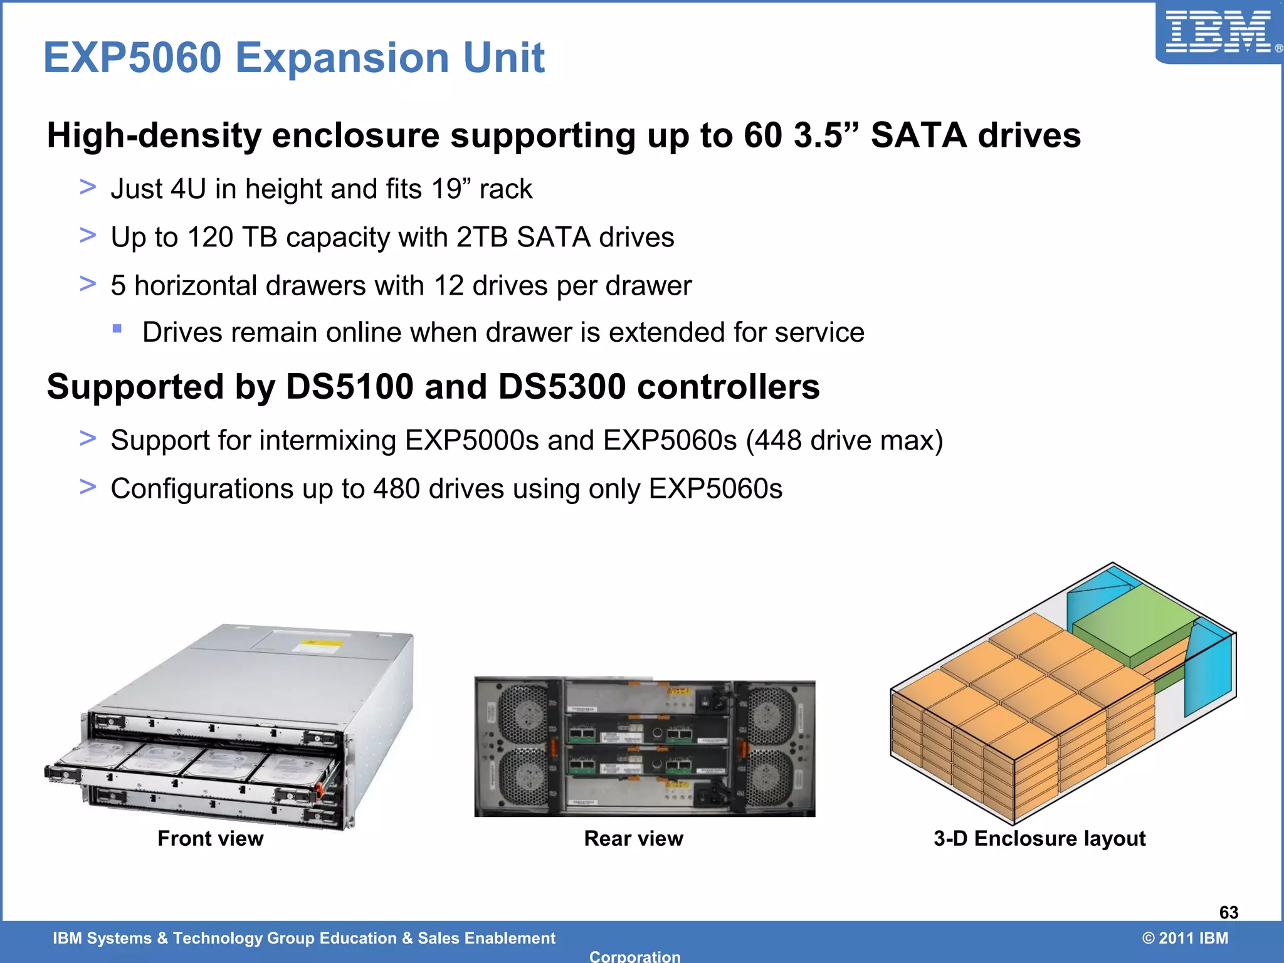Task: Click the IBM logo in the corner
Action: (1218, 33)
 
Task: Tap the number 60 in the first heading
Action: (763, 135)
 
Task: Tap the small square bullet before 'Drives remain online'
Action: (117, 329)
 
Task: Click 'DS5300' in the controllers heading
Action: (562, 386)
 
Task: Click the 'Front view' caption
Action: (210, 838)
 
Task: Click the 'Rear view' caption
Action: (633, 838)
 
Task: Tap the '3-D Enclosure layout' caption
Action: (1039, 838)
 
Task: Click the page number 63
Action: (1228, 912)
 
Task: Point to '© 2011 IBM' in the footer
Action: (1184, 938)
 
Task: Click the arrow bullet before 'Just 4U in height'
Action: (88, 187)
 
